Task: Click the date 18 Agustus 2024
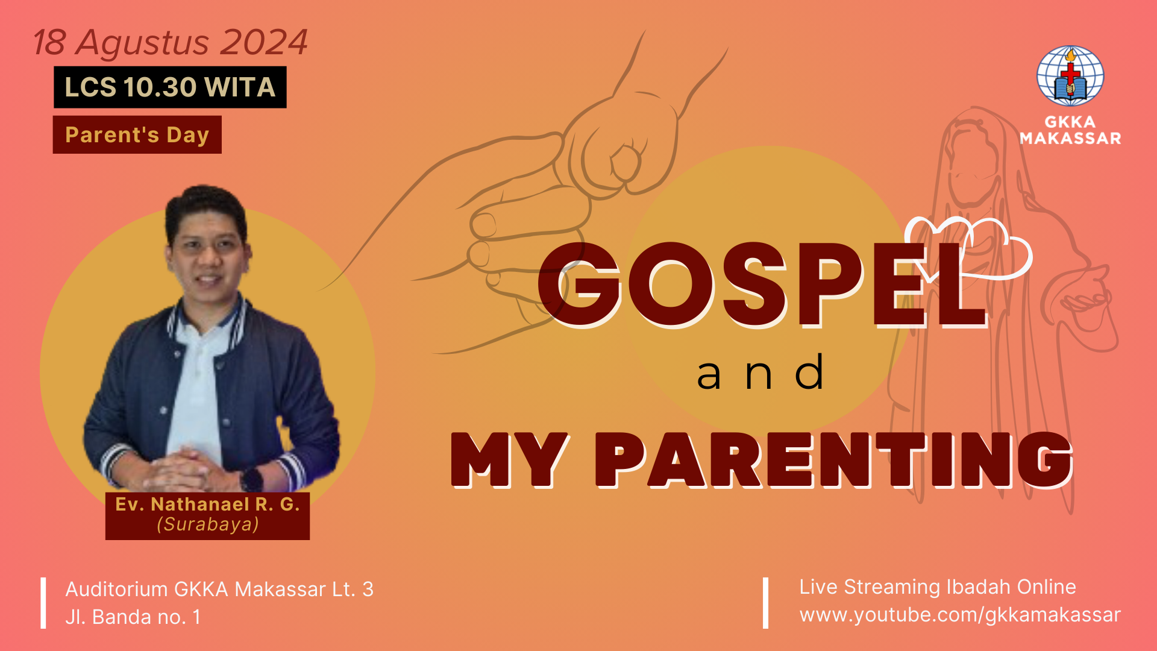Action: [x=171, y=43]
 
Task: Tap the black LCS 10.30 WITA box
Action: [x=170, y=87]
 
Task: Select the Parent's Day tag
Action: [x=137, y=134]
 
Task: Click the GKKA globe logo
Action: [x=1070, y=76]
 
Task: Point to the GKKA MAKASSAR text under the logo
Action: [x=1070, y=130]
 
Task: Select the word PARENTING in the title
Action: [x=834, y=459]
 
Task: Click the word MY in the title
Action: [x=510, y=459]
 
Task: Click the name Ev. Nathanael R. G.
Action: [x=207, y=504]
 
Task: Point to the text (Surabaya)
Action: [x=208, y=524]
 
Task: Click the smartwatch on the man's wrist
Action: [x=251, y=480]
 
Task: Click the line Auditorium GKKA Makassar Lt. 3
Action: [x=219, y=589]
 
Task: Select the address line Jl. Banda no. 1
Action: [x=133, y=617]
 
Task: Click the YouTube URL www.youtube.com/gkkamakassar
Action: [x=960, y=615]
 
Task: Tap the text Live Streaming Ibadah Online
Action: [x=938, y=587]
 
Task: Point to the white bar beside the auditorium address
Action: [x=43, y=603]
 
